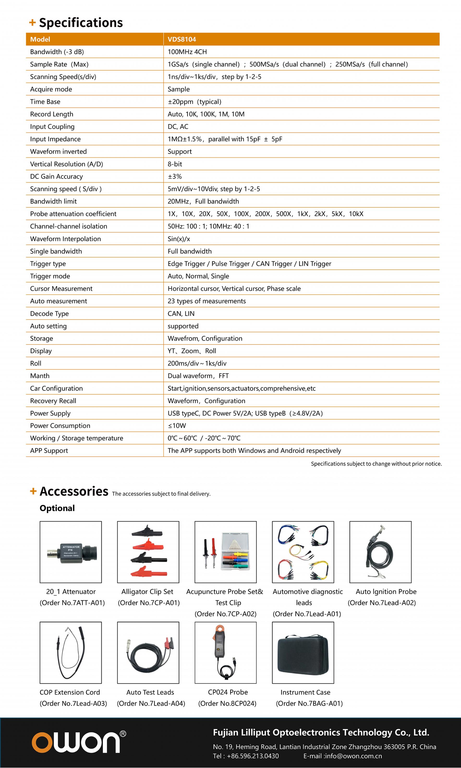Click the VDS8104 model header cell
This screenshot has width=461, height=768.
click(182, 39)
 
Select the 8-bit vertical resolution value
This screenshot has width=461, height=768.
click(175, 164)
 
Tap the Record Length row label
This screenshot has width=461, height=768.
click(52, 114)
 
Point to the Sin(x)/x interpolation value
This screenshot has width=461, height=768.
click(179, 239)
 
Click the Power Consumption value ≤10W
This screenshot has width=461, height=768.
click(177, 426)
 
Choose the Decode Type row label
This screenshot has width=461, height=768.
click(49, 313)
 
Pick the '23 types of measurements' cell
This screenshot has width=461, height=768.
click(206, 301)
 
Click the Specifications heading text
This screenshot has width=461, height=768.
click(81, 23)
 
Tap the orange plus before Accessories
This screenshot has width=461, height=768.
click(33, 491)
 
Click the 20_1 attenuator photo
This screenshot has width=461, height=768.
click(71, 552)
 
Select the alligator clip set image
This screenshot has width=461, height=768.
click(148, 552)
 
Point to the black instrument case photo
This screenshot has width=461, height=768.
click(303, 653)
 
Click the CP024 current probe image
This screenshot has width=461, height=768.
click(225, 653)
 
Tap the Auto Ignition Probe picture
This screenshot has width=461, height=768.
click(380, 552)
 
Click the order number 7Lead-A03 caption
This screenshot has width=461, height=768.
click(73, 703)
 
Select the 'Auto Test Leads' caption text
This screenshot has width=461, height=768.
click(150, 692)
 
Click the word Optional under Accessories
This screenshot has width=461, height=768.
click(57, 508)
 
